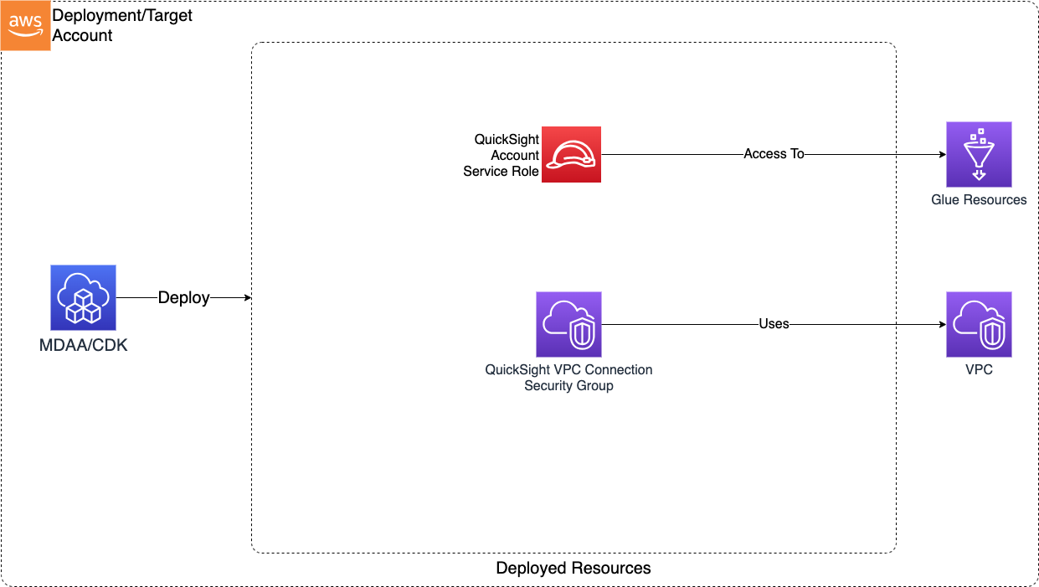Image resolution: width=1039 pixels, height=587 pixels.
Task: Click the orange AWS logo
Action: [25, 26]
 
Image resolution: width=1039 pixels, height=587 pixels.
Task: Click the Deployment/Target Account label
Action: [122, 25]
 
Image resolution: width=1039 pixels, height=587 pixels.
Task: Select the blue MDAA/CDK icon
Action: [83, 297]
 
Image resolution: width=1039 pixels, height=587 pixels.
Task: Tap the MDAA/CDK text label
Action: [84, 345]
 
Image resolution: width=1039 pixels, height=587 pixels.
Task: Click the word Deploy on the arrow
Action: [183, 298]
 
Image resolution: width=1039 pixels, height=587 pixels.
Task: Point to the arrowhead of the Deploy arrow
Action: [247, 298]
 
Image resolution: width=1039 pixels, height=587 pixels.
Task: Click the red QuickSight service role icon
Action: [571, 154]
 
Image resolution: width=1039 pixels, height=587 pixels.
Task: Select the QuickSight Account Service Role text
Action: [501, 155]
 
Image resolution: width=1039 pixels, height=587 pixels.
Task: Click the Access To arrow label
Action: [774, 154]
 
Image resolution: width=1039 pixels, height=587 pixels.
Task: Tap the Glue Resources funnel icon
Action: [979, 154]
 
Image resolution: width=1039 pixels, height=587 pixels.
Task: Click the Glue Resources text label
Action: [979, 200]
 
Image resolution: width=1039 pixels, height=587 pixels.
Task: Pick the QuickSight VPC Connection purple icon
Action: [568, 324]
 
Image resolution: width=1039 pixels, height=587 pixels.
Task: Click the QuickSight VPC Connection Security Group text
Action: [568, 378]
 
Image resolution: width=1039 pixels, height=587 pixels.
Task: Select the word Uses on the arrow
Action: [774, 324]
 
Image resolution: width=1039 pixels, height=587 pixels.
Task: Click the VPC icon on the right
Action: [979, 324]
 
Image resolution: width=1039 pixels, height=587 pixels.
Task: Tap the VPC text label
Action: [979, 369]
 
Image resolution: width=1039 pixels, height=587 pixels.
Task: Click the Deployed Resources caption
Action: [574, 569]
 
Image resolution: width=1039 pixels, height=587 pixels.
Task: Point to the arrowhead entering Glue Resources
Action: [941, 155]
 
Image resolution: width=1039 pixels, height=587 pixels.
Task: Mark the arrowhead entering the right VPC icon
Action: [941, 324]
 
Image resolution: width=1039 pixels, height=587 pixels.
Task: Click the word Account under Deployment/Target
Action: [83, 35]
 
